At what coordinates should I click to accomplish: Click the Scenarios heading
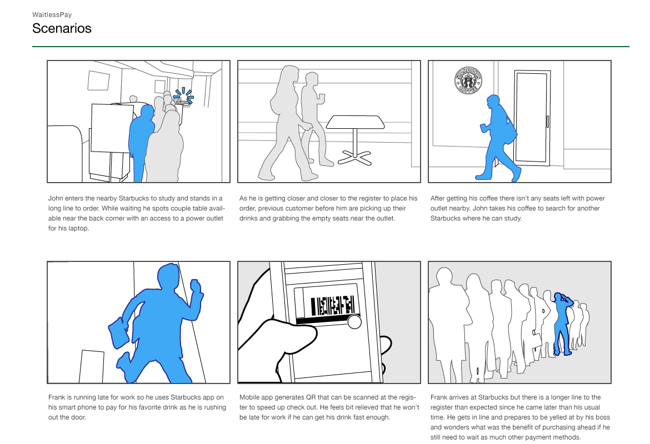click(62, 28)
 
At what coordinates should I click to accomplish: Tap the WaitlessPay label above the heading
click(52, 14)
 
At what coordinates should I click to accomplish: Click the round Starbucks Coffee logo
click(468, 80)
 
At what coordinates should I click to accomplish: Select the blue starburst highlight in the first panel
click(183, 96)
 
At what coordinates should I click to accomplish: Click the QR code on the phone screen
click(332, 306)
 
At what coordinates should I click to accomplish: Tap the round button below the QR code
click(354, 322)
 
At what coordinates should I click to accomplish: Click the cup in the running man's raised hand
click(195, 286)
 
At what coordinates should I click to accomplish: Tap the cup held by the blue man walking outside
click(483, 128)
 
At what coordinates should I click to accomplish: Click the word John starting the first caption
click(56, 198)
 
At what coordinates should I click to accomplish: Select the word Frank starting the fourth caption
click(56, 397)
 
